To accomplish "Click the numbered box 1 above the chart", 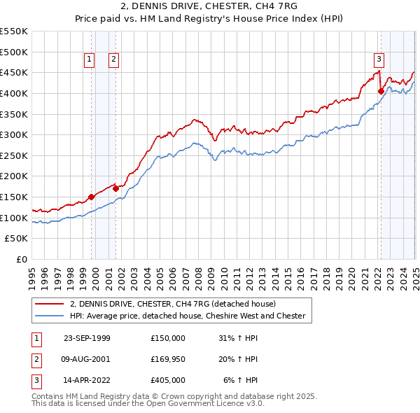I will click(90, 60).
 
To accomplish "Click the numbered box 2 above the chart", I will click(113, 60).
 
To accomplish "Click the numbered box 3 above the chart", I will click(379, 60).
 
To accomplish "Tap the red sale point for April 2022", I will click(381, 91).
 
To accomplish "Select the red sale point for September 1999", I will click(92, 197).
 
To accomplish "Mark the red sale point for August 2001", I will click(115, 188).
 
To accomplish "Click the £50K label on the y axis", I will click(18, 238).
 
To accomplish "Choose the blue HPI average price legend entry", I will click(187, 316).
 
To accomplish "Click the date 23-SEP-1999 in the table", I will click(87, 338).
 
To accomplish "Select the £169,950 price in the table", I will click(167, 359).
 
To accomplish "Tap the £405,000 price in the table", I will click(167, 380).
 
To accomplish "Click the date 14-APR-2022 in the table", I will click(87, 380).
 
